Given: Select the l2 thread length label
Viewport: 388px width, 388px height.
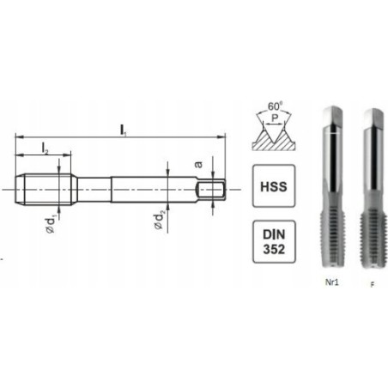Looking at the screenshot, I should [x=44, y=149].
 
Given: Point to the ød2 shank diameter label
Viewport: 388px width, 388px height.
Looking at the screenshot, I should [x=159, y=222].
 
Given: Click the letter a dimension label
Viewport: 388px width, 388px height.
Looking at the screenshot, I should [x=199, y=163].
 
